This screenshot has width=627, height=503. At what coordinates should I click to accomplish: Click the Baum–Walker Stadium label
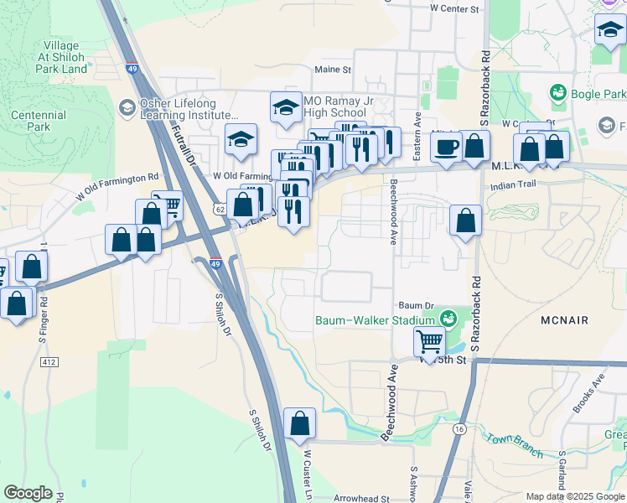tap(374, 320)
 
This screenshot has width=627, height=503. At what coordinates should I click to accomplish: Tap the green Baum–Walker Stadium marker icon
tap(448, 319)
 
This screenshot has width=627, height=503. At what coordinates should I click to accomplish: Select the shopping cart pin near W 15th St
tap(429, 340)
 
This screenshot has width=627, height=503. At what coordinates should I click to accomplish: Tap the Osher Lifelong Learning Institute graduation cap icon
tap(127, 106)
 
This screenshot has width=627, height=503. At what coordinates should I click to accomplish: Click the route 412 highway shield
tap(49, 361)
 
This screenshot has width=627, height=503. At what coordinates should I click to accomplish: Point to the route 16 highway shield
tap(459, 428)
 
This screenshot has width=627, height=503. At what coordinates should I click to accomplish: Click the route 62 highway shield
tap(219, 208)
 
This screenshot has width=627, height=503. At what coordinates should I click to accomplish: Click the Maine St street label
tap(333, 70)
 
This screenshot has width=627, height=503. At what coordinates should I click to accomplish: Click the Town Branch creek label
tap(514, 443)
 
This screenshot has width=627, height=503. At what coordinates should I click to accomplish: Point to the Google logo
tap(28, 493)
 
